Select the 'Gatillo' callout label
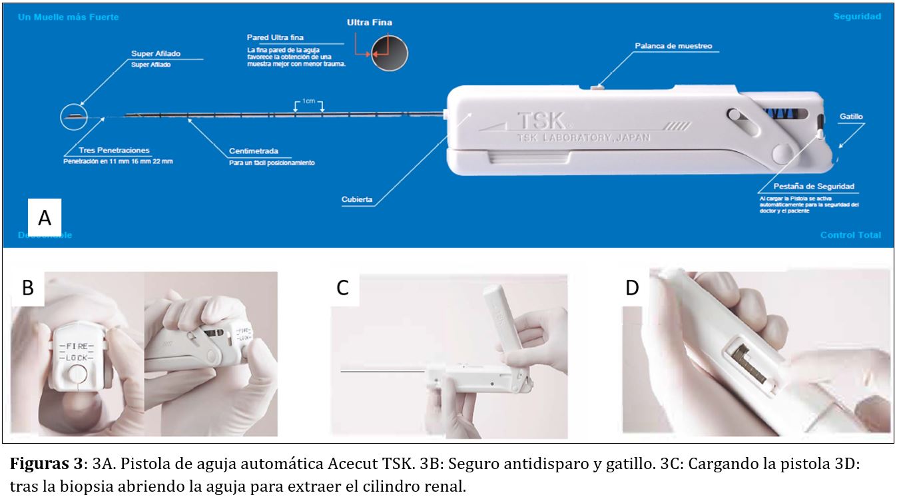[850, 117]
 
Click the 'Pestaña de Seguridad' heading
[814, 187]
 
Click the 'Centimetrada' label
[254, 151]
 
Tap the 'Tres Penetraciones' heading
[114, 151]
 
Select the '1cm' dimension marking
[309, 101]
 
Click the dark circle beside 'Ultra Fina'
[390, 52]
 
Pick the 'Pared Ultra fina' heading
[275, 37]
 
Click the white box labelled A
[45, 217]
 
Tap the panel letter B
[27, 288]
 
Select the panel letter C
[342, 288]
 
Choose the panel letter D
[632, 288]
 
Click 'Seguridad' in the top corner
[856, 17]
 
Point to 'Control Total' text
[850, 235]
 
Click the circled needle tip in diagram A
[73, 116]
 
